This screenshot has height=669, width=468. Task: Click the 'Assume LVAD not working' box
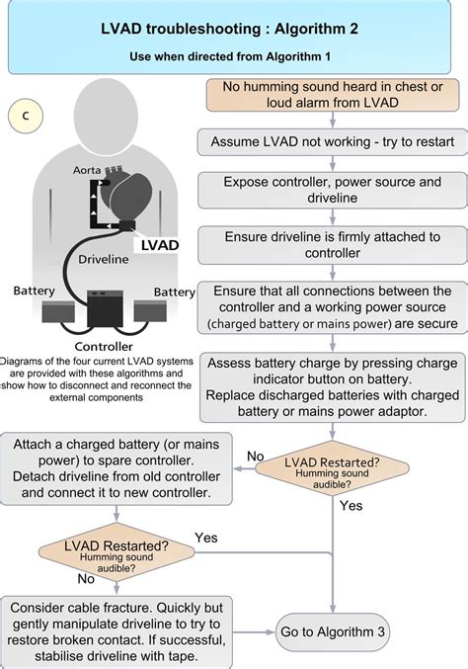click(x=331, y=141)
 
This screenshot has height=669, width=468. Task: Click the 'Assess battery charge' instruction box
click(x=331, y=386)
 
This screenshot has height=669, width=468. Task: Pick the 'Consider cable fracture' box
click(x=117, y=626)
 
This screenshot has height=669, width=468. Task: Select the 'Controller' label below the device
click(x=105, y=347)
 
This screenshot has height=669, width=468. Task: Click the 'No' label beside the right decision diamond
click(x=257, y=457)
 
